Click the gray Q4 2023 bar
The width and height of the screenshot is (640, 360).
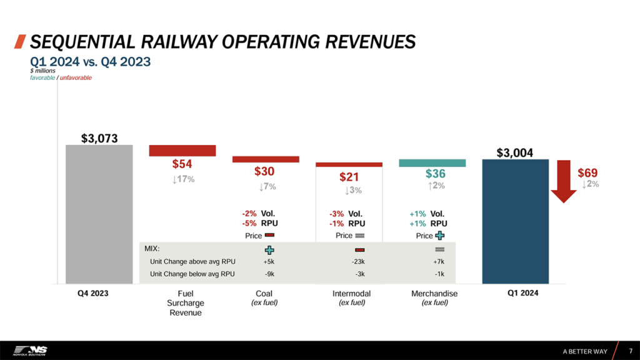click(x=99, y=214)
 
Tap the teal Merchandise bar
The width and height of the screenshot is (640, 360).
click(x=432, y=163)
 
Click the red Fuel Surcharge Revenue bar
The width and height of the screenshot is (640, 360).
click(x=182, y=151)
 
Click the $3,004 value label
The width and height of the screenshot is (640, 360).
click(x=516, y=152)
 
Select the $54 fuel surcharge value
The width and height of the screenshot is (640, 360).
click(x=182, y=164)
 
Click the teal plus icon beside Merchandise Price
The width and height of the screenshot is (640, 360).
click(x=439, y=236)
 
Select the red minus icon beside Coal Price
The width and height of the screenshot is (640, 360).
click(x=269, y=236)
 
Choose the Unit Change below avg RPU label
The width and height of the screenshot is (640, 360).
click(x=192, y=274)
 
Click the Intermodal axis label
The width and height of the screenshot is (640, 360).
click(x=351, y=293)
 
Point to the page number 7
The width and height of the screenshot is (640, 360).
click(x=630, y=351)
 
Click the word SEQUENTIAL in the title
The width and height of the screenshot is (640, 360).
click(x=78, y=42)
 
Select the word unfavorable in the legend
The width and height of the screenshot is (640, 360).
click(x=76, y=77)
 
